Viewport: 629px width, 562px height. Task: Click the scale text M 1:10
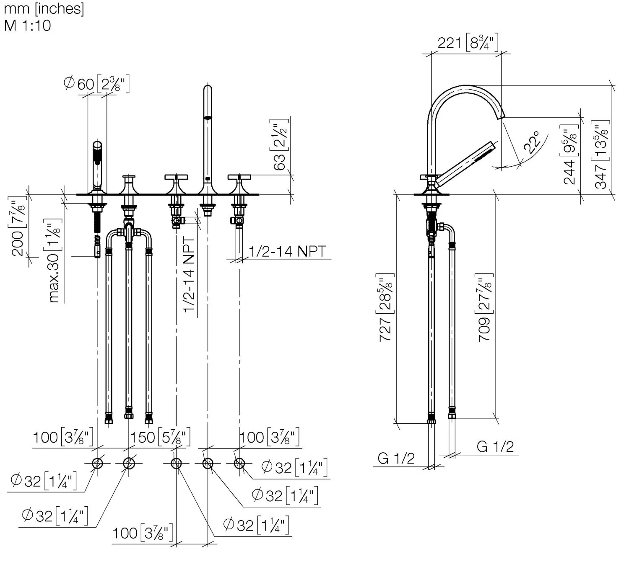click(27, 26)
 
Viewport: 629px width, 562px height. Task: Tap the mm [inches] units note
click(44, 9)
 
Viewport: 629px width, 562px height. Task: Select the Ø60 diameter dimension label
click(96, 83)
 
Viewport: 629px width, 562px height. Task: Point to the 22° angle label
click(532, 142)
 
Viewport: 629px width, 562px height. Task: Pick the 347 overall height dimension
click(601, 155)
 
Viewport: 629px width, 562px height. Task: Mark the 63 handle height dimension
click(279, 144)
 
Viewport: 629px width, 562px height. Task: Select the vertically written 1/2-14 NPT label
click(189, 274)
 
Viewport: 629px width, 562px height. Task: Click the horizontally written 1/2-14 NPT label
click(288, 251)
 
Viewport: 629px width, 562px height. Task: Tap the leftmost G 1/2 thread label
click(396, 459)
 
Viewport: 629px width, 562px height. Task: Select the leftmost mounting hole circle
click(97, 464)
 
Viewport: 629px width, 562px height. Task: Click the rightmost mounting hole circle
click(239, 464)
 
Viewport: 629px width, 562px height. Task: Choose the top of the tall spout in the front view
click(208, 85)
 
